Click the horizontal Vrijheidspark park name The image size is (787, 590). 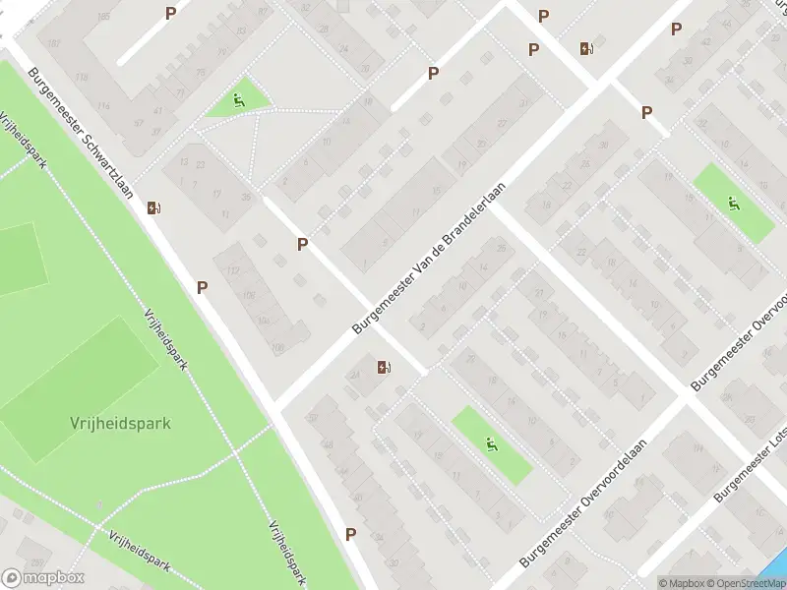120,424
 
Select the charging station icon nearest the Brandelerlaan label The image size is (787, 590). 384,368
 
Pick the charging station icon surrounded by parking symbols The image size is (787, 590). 587,48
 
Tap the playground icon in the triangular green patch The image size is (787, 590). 239,98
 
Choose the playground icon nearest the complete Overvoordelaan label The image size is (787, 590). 492,443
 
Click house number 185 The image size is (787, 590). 105,17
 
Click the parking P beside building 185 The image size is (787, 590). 171,13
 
